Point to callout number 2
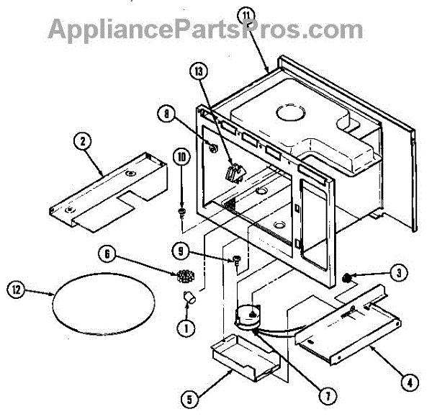tap(84, 141)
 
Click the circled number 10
tap(181, 156)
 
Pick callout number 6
tap(108, 254)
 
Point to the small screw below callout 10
tap(182, 212)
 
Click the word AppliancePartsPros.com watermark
tap(206, 29)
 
